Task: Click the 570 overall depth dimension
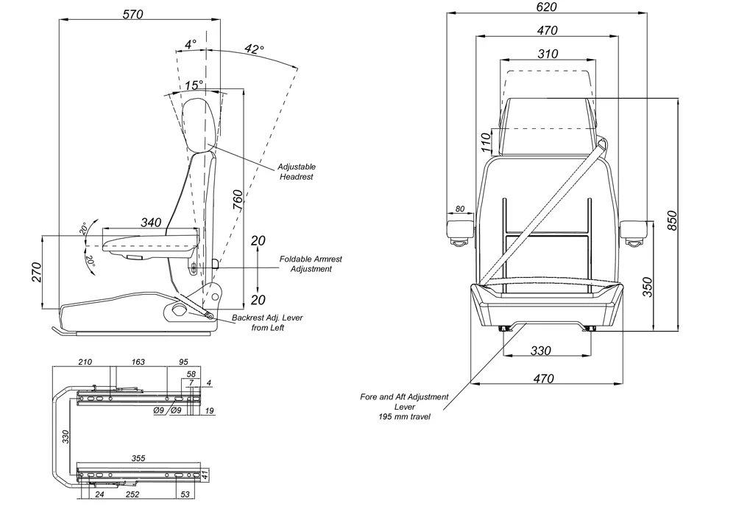pos(133,13)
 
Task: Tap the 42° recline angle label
pos(254,49)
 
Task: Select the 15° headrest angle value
pos(193,85)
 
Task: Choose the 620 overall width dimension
pos(547,7)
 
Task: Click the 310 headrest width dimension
pos(547,53)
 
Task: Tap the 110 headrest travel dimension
pos(486,142)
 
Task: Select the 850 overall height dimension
pos(672,214)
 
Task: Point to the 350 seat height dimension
pos(647,286)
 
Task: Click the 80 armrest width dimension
pos(460,209)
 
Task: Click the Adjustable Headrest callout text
pos(297,172)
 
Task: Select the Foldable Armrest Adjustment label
pos(311,264)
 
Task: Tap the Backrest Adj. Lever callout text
pos(267,323)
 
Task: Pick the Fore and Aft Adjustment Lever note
pos(404,406)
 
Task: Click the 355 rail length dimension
pos(138,458)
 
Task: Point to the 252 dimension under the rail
pos(132,495)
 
